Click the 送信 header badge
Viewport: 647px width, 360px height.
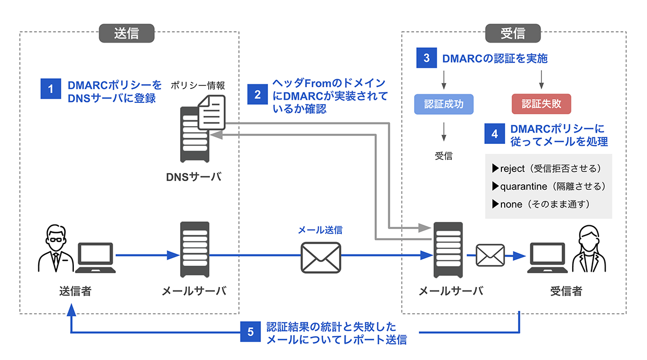click(x=127, y=33)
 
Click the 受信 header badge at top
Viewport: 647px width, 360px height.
click(x=512, y=33)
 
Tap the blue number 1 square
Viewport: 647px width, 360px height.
click(x=51, y=89)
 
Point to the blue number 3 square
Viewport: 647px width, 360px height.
click(x=426, y=58)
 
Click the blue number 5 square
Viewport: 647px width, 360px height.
click(x=250, y=332)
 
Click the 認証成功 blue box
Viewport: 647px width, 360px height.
click(x=443, y=104)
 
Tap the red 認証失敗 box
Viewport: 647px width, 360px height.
click(x=541, y=104)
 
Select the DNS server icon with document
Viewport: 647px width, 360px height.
click(x=199, y=129)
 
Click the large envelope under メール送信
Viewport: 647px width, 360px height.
click(x=320, y=257)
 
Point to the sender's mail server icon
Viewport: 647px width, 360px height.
click(x=194, y=251)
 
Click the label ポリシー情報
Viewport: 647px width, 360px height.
click(x=198, y=85)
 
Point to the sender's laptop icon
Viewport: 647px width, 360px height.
click(x=95, y=257)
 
